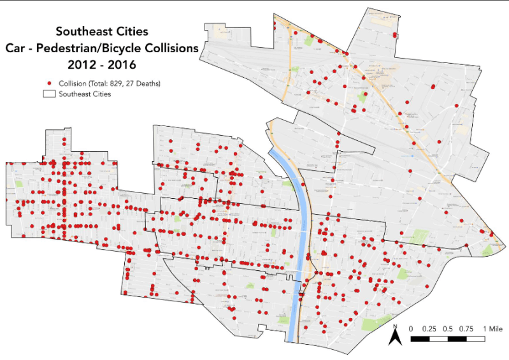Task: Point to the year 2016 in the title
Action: tap(120, 64)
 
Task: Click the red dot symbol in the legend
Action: tap(49, 83)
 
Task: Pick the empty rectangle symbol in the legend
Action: tap(48, 94)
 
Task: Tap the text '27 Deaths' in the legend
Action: tap(143, 83)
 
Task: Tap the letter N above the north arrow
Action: tap(395, 327)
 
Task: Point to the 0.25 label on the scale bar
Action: tap(429, 328)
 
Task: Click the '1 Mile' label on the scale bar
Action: tap(494, 328)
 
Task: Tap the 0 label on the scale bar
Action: tap(411, 328)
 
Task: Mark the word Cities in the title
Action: tap(131, 31)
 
